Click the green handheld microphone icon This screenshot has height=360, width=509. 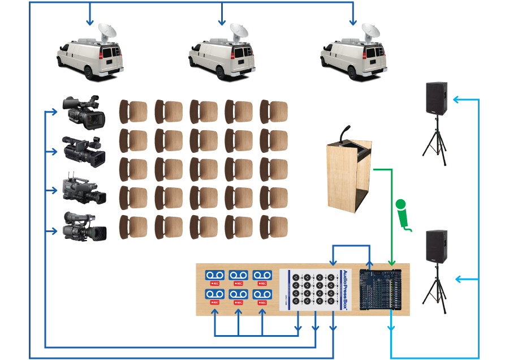[x=402, y=213]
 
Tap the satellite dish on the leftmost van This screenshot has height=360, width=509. [x=107, y=31]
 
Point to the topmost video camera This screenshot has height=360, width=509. [x=84, y=110]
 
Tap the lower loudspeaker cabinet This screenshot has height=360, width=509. [x=436, y=246]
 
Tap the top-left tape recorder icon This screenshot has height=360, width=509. [x=214, y=275]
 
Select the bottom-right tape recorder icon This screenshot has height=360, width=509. [x=262, y=295]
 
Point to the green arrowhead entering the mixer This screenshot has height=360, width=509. [x=391, y=262]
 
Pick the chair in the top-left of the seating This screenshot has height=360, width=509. [x=133, y=112]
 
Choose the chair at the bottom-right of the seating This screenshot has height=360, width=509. [x=274, y=226]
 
